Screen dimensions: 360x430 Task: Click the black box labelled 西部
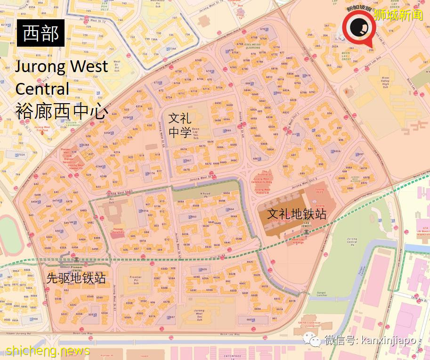pos(41,33)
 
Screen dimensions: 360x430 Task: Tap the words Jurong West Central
pos(61,77)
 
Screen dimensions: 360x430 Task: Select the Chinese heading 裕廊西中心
pos(62,112)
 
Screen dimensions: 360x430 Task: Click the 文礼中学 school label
pos(180,125)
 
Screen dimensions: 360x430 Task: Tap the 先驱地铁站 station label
pos(76,278)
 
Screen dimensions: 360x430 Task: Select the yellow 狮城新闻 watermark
pos(398,15)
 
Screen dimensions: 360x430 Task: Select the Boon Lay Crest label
pos(346,57)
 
